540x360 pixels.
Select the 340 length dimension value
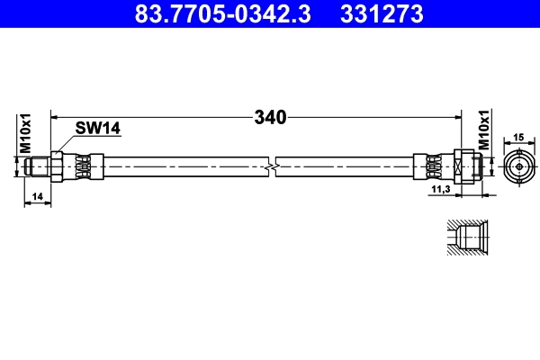[270, 117]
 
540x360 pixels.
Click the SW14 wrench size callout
[97, 129]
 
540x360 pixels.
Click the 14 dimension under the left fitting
[38, 195]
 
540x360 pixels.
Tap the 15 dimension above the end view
[517, 137]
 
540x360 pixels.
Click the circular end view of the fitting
[517, 166]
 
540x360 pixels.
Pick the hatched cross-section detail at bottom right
[468, 238]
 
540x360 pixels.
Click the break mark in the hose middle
[272, 166]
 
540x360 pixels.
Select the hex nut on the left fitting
[58, 166]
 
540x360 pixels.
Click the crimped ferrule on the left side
[83, 166]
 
